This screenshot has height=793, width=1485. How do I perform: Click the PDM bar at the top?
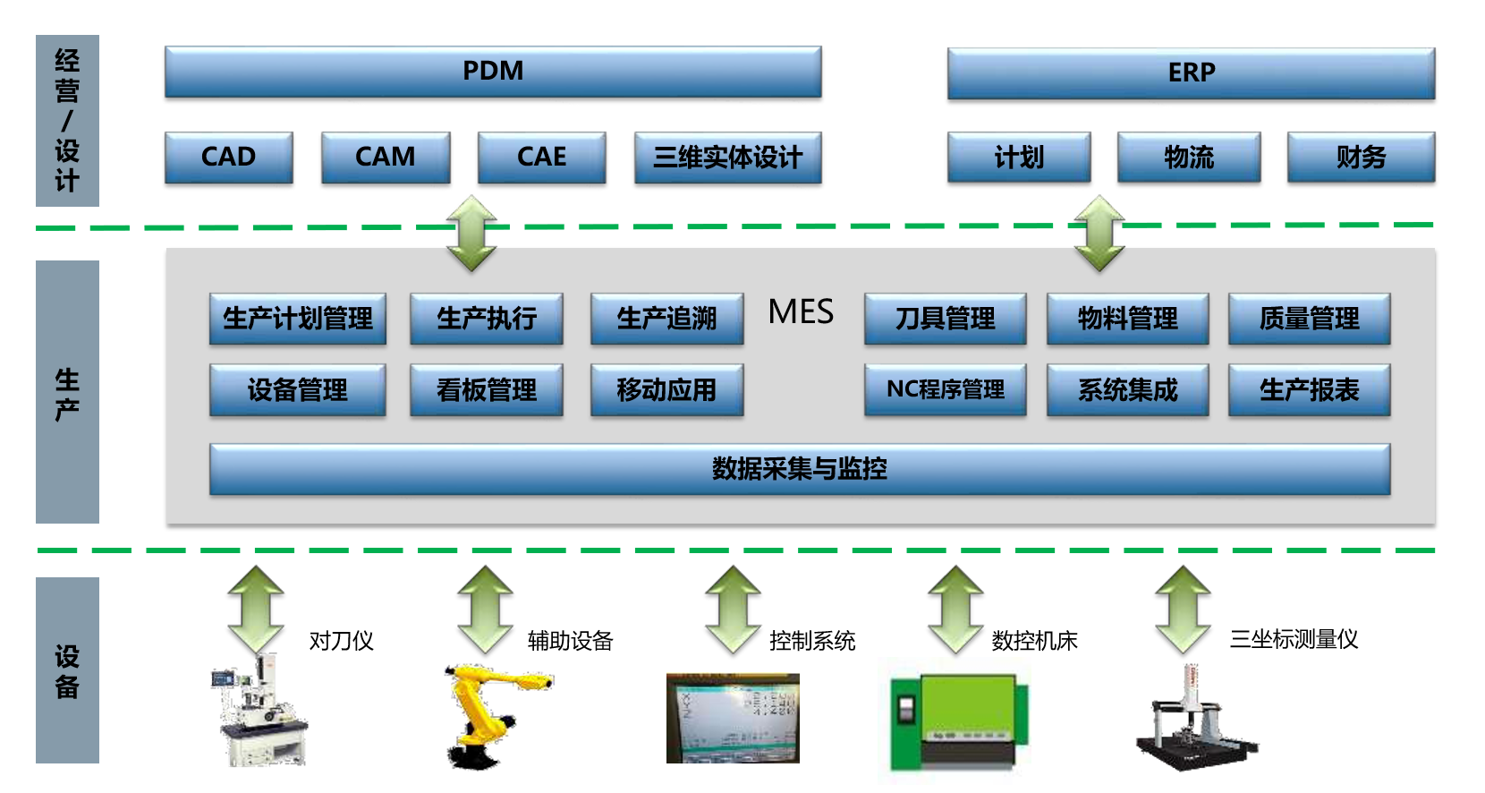(493, 72)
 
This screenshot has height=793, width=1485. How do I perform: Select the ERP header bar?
(1191, 73)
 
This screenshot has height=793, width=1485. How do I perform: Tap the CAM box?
(386, 158)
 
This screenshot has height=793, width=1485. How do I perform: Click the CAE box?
(542, 158)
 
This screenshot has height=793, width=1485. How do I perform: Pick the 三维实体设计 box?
(727, 158)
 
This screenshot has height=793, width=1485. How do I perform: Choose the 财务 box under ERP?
(1361, 158)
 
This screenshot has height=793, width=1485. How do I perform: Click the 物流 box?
(1189, 158)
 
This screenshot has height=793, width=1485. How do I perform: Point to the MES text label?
(801, 312)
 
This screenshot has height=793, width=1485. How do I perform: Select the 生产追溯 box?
(666, 319)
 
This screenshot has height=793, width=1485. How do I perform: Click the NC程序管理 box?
(945, 389)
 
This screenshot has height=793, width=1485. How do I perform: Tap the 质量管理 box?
(1309, 319)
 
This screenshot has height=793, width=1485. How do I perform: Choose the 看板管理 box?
(487, 390)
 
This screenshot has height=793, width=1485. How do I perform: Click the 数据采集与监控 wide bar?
(799, 469)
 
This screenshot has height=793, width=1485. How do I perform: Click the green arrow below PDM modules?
(471, 234)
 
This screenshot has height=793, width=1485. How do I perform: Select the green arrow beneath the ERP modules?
(1099, 234)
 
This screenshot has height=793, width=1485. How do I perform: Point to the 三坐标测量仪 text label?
(1294, 639)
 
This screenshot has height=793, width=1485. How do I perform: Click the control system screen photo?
(733, 719)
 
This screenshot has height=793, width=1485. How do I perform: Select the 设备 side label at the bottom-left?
(67, 670)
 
